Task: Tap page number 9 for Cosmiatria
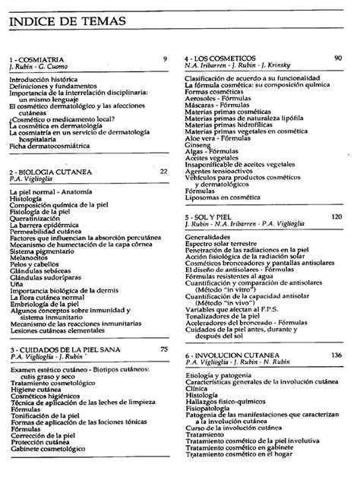pos(165,58)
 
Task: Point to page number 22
pos(163,172)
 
